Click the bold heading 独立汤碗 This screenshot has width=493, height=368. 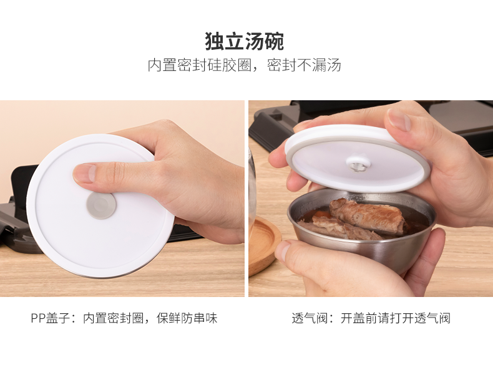244,41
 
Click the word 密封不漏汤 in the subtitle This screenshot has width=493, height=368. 304,65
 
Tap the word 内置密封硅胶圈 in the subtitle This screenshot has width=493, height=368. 200,65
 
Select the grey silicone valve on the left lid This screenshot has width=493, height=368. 101,205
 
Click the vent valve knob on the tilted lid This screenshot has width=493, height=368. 358,163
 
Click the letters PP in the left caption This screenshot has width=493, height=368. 38,318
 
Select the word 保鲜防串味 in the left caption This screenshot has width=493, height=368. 187,318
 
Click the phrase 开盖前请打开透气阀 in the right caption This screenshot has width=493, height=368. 396,318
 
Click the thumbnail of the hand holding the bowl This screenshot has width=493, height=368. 283,252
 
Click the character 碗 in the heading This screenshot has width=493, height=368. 274,41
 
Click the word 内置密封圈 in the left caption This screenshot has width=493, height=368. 113,318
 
